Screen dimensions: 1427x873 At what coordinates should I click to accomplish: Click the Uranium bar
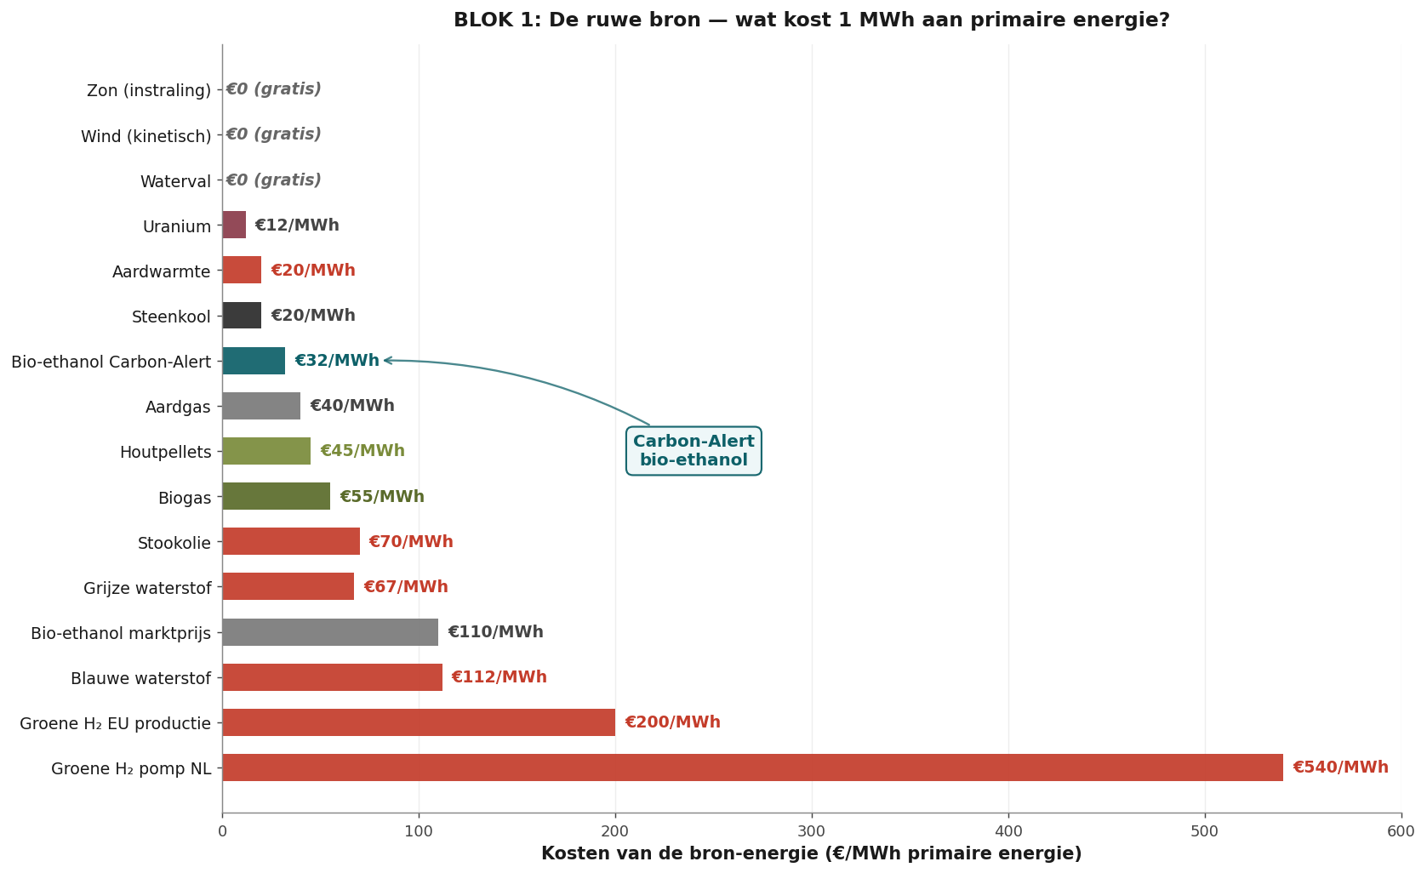[x=234, y=225]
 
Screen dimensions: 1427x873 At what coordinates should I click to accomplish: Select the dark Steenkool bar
[x=242, y=316]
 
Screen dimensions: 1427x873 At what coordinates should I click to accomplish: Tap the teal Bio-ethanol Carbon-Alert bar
[x=254, y=361]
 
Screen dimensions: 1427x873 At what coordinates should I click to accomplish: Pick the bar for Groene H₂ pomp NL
[x=753, y=767]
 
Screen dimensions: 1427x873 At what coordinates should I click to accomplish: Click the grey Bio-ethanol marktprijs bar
[x=331, y=631]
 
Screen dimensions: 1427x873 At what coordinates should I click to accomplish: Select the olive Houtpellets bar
[x=267, y=451]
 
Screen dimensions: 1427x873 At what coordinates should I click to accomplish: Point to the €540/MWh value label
[x=1340, y=767]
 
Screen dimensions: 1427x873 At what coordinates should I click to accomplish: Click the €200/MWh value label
[x=673, y=722]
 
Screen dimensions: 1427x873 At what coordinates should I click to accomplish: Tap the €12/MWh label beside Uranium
[x=297, y=225]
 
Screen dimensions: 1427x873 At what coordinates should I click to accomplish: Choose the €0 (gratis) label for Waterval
[x=273, y=180]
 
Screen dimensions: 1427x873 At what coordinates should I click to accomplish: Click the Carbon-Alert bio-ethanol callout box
[x=694, y=450]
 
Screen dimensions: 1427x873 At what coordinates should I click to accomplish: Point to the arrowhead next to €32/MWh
[x=386, y=360]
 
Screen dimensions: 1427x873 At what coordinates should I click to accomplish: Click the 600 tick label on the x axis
[x=1401, y=831]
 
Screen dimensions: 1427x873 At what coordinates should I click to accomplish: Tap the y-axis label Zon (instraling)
[x=149, y=90]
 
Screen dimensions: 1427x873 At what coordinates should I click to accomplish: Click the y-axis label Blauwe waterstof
[x=140, y=678]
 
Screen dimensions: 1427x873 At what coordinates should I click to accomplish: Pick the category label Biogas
[x=185, y=498]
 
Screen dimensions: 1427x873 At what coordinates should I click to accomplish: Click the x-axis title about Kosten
[x=812, y=854]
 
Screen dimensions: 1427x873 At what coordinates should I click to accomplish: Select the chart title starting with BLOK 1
[x=812, y=20]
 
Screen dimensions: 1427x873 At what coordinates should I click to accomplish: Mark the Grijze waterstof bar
[x=288, y=586]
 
